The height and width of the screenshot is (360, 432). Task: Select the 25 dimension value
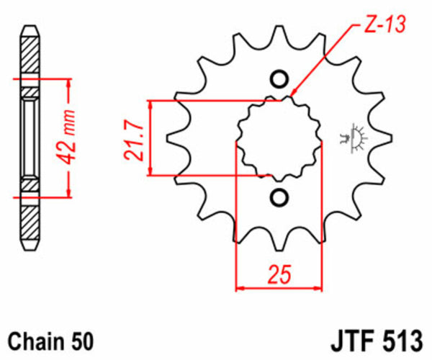coord(279,274)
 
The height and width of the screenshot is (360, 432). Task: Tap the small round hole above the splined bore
coord(279,78)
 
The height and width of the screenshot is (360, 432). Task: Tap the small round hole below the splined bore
coord(279,197)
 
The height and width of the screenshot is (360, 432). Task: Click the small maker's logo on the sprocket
coord(354,137)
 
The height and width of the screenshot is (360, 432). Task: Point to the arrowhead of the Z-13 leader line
coord(294,94)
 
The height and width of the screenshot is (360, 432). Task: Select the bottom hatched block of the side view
coord(30,219)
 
